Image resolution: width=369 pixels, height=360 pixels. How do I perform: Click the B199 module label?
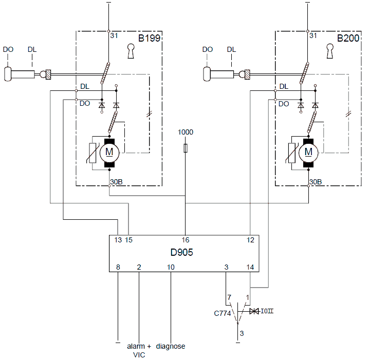[149, 38]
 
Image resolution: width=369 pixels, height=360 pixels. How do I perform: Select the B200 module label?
[348, 38]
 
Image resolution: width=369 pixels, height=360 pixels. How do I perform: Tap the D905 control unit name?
[182, 252]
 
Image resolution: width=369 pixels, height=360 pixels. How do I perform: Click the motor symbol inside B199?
[109, 153]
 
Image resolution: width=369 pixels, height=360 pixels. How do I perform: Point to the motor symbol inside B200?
[308, 153]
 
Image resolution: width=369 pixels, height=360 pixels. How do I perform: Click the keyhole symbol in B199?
[131, 51]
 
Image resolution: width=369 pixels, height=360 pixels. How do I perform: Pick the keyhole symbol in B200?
[330, 51]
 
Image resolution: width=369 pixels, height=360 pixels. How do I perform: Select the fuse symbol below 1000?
[186, 148]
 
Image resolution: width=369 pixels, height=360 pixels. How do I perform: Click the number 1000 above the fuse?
[186, 132]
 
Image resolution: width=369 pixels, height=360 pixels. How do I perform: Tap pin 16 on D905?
[186, 240]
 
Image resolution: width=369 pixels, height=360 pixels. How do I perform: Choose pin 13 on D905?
[118, 240]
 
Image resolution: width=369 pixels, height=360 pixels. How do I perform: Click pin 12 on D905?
[250, 240]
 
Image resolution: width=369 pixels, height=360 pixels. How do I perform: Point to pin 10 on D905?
[171, 267]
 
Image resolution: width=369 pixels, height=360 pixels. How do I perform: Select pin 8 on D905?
[118, 267]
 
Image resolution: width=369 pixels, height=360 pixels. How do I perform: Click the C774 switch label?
[223, 313]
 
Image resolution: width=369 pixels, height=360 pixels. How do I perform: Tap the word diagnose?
[171, 346]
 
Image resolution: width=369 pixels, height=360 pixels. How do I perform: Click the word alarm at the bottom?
[136, 346]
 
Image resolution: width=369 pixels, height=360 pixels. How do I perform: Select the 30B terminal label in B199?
[116, 182]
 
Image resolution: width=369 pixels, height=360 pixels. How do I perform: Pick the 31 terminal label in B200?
[313, 35]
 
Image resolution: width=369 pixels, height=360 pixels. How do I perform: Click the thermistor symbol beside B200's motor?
[292, 153]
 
